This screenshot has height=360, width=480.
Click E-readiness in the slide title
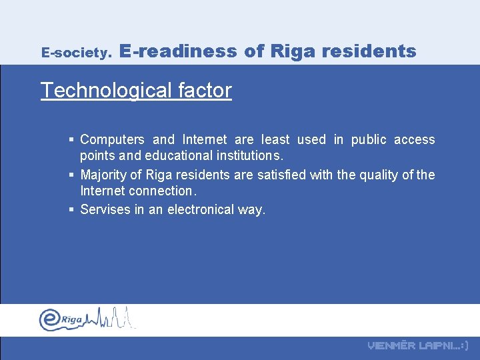pos(179,51)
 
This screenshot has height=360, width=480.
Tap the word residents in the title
pos(377,51)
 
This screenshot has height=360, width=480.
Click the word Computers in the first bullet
pos(112,140)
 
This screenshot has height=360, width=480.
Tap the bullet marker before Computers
pos(71,140)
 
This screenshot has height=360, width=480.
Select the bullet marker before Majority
pos(71,175)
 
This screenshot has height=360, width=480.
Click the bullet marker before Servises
pos(71,210)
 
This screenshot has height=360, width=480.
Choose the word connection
pos(160,191)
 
